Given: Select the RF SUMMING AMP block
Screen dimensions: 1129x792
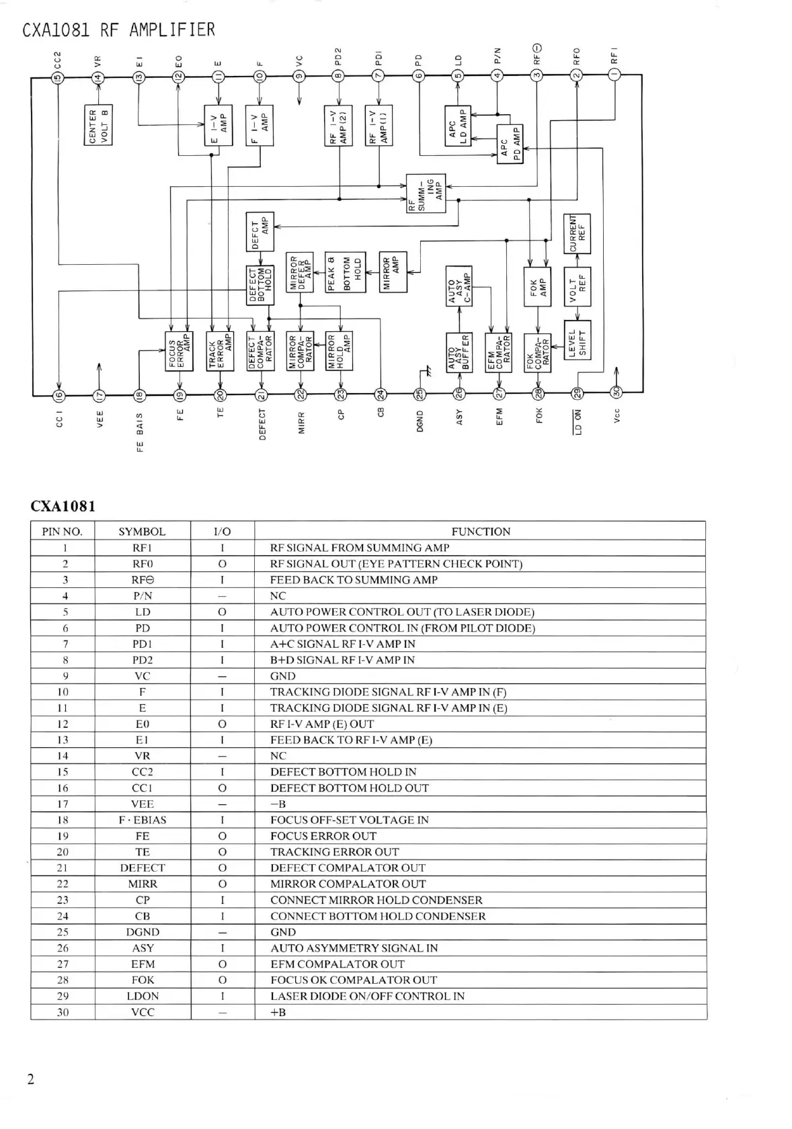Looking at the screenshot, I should point(426,194).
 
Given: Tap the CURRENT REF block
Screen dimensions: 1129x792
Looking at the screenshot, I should point(577,233).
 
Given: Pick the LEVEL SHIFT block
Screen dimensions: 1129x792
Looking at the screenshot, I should point(577,340).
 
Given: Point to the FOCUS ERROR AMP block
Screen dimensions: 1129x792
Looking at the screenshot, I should point(179,351).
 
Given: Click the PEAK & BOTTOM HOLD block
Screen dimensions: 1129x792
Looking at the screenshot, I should point(346,273).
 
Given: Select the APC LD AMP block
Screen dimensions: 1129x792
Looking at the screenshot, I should point(458,125).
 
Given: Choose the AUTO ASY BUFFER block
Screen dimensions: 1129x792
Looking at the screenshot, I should point(459,353).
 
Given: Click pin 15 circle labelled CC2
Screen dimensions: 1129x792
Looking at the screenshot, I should point(58,77).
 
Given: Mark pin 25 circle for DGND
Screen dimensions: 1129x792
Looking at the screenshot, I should point(420,394).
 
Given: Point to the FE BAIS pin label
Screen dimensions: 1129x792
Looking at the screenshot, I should point(140,432).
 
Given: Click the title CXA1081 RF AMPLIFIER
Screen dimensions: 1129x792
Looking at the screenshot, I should point(118,30).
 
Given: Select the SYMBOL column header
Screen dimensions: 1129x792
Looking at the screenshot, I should point(142,532).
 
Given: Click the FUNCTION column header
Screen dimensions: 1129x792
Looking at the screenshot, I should point(480,532).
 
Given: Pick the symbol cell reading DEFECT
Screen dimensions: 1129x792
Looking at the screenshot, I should point(142,868).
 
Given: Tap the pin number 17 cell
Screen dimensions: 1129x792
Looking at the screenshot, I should point(63,804).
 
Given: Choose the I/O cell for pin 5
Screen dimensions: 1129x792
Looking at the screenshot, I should point(222,612).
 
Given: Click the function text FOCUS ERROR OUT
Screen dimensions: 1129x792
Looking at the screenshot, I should point(323,836).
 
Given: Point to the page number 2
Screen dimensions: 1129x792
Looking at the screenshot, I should point(31,1079).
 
